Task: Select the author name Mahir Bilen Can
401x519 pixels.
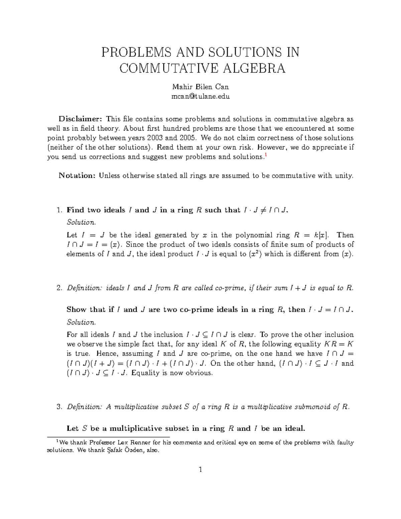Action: (200, 87)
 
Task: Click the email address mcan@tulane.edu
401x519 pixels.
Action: (200, 97)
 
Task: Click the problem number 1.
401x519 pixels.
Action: (59, 210)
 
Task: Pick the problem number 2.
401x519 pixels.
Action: (59, 288)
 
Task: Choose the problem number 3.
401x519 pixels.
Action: (59, 407)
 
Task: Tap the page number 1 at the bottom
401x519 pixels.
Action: (200, 470)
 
